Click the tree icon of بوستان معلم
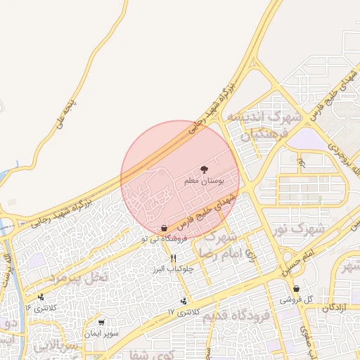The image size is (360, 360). pyautogui.click(x=205, y=169)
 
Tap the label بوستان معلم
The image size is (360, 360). pyautogui.click(x=204, y=181)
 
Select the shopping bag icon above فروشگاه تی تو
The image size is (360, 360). pyautogui.click(x=164, y=228)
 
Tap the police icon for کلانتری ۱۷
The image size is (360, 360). pyautogui.click(x=184, y=300)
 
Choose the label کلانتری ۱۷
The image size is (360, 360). pyautogui.click(x=185, y=311)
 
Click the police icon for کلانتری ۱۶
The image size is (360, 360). pyautogui.click(x=41, y=297)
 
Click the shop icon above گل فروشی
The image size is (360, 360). pyautogui.click(x=296, y=288)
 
